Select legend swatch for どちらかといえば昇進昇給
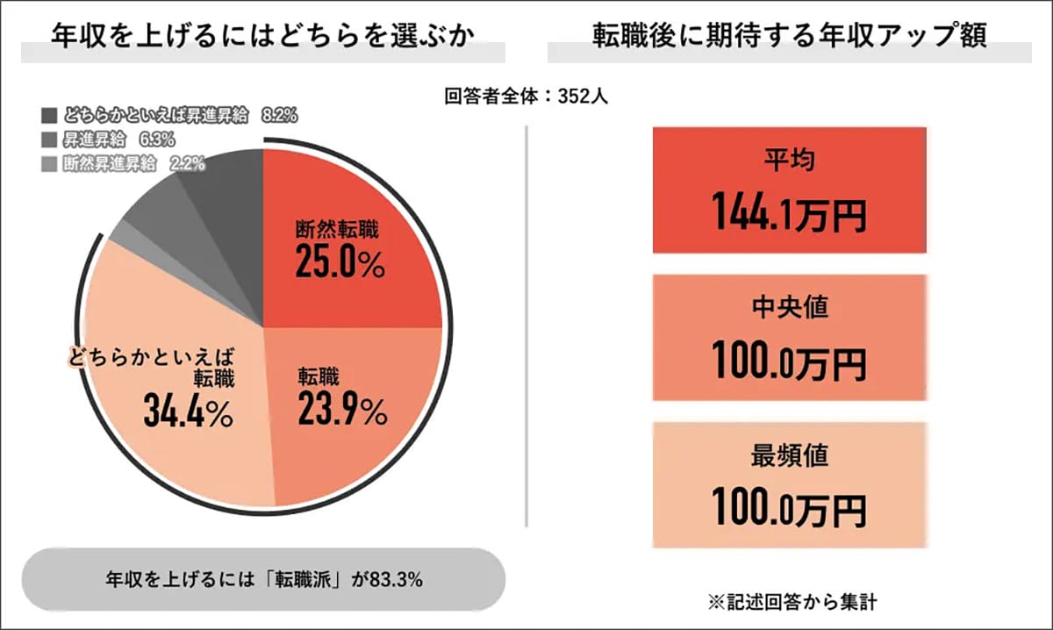[48, 116]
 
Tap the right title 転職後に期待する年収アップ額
[789, 37]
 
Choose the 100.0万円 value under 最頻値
[790, 509]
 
